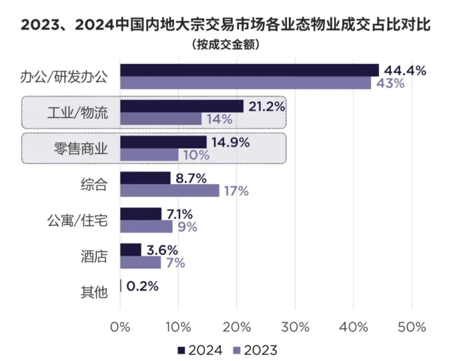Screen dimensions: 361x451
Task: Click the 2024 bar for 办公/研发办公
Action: coord(249,70)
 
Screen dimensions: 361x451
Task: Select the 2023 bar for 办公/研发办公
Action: coord(245,83)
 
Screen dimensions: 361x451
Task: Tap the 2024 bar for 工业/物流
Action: coord(181,106)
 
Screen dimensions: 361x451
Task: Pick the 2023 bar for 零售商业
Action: coord(149,155)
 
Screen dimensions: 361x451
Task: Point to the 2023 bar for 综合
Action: coord(169,191)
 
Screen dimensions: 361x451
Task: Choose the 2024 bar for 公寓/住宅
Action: coord(141,214)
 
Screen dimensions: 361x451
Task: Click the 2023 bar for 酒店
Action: coord(140,262)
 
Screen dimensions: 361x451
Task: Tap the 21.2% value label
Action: coord(266,106)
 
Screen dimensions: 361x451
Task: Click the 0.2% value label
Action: coord(141,286)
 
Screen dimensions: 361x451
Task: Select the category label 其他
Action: coord(94,292)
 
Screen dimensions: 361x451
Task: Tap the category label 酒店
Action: coord(94,256)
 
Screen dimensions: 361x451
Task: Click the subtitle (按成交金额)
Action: coord(225,45)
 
